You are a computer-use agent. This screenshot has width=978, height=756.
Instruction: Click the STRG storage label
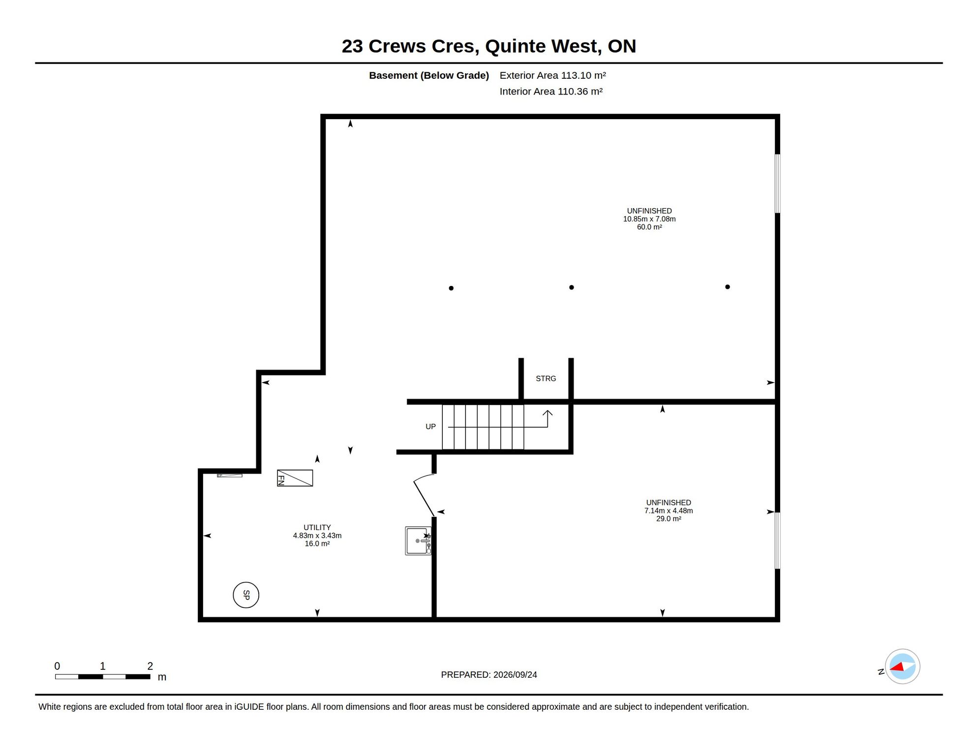click(546, 378)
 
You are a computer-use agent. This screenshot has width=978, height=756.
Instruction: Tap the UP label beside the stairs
click(430, 427)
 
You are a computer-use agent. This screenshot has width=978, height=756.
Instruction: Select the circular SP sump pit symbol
click(246, 595)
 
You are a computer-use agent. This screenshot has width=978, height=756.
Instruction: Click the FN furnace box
click(295, 478)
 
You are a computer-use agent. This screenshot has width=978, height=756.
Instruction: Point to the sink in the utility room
click(418, 541)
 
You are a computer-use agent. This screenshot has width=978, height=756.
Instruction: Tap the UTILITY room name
click(317, 528)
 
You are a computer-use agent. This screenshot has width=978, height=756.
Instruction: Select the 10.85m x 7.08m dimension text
click(649, 219)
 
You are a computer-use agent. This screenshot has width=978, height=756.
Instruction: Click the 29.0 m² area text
click(669, 519)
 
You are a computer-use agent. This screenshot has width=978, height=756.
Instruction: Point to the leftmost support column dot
click(451, 288)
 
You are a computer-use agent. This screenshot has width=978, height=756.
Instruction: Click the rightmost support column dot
click(728, 287)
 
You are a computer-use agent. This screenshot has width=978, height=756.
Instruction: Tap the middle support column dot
click(572, 287)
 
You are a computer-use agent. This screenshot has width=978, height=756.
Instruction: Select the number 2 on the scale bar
click(150, 666)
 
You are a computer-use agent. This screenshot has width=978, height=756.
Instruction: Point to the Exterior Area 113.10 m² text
click(552, 75)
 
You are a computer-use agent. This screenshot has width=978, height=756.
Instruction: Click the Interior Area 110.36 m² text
click(551, 92)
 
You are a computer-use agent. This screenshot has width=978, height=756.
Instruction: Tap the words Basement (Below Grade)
click(429, 75)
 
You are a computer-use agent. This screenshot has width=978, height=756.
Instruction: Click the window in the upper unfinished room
click(778, 184)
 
